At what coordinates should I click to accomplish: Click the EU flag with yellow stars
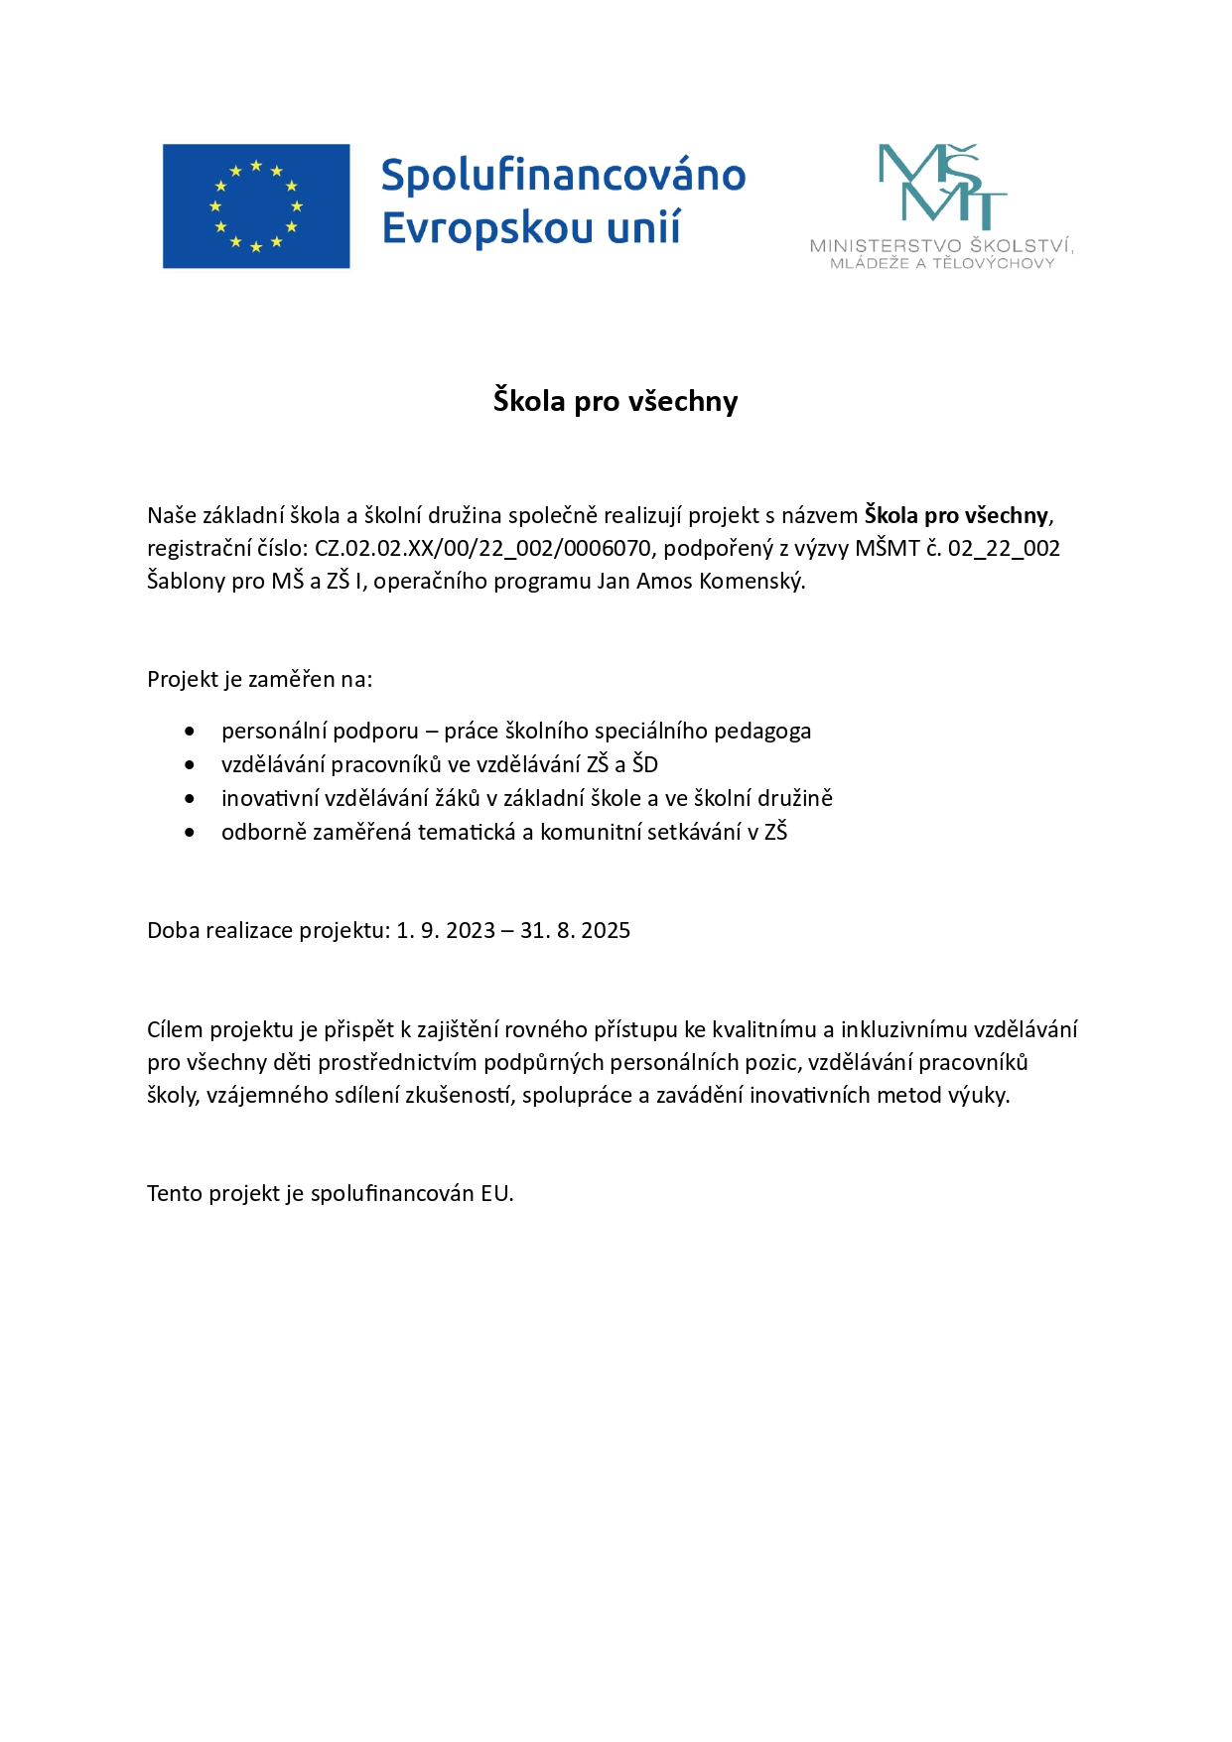256,206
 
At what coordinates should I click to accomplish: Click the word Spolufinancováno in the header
563,176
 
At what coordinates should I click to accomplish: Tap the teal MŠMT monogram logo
942,187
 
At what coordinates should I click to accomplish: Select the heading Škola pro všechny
616,401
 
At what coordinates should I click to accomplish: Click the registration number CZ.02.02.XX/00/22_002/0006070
482,548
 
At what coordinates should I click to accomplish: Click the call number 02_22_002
1004,548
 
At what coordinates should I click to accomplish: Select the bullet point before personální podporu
190,732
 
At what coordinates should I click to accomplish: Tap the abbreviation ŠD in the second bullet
645,764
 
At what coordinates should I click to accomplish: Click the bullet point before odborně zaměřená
190,832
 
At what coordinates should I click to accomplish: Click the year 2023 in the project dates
471,930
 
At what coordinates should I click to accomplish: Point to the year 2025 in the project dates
606,930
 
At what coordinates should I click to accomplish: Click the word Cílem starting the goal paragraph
175,1029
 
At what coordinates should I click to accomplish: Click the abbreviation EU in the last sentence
495,1193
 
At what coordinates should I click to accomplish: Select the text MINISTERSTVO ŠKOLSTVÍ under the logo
941,246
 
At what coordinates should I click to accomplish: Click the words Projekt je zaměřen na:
260,679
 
